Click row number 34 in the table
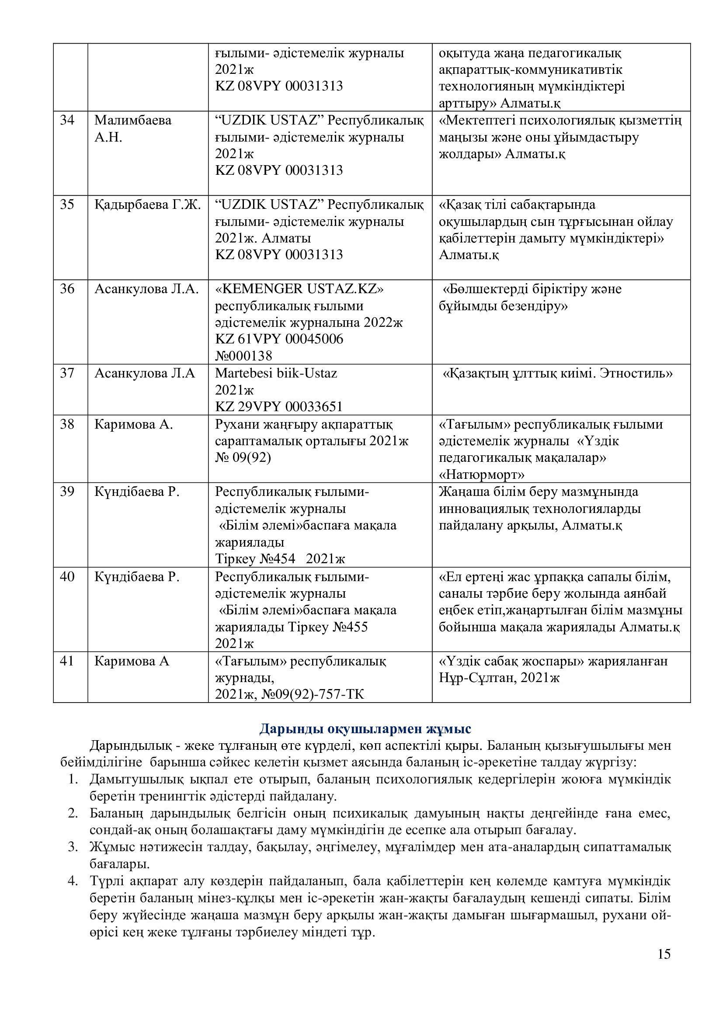click(67, 120)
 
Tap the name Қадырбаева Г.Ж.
click(147, 205)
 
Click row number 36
click(67, 289)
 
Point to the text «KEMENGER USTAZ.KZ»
click(299, 289)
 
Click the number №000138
click(243, 356)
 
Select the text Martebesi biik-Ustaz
click(276, 373)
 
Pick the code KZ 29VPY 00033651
click(279, 406)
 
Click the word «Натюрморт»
click(481, 475)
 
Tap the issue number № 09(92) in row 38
click(243, 457)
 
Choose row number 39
click(67, 492)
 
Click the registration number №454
click(278, 559)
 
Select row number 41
click(67, 662)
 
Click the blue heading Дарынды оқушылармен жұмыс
click(365, 729)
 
